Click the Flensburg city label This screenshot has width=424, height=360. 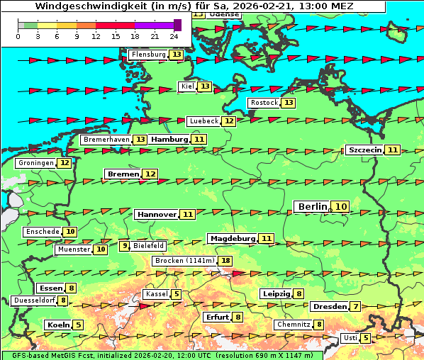148,55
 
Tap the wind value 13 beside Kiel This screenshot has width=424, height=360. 205,86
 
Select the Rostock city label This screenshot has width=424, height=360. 264,103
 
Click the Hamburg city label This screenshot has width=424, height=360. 169,140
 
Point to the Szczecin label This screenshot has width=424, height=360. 364,150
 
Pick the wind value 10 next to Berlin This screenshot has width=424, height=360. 342,207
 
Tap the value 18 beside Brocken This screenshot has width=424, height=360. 225,261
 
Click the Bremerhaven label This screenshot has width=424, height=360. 106,140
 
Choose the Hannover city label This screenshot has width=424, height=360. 156,214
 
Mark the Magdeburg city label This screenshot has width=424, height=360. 231,238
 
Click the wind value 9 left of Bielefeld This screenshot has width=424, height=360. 125,246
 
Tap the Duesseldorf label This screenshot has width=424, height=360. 34,300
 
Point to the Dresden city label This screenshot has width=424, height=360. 328,307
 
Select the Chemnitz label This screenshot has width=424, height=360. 293,325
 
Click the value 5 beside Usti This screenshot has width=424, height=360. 366,338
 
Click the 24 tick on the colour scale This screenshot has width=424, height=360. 174,35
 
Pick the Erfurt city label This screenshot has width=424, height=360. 216,317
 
